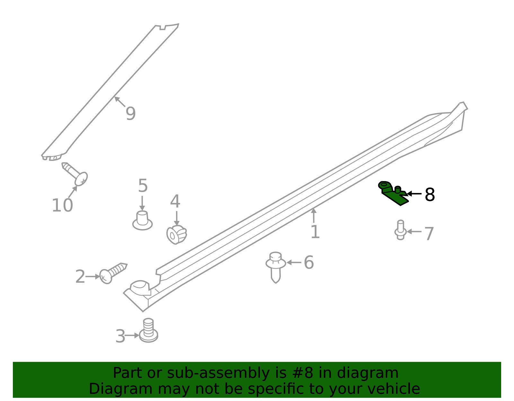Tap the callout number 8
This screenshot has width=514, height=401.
(430, 195)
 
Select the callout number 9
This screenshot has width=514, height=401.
(130, 114)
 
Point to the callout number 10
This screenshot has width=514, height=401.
(62, 205)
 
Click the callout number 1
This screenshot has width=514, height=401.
(315, 232)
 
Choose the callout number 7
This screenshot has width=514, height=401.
(429, 234)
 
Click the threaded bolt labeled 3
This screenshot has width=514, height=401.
(148, 330)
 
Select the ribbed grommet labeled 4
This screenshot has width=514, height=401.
(176, 234)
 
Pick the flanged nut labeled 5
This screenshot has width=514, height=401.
(142, 221)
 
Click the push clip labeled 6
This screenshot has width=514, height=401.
(276, 267)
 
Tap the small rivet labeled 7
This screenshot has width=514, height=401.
(400, 230)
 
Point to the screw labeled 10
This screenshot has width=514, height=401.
(75, 174)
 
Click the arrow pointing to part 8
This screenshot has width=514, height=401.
(414, 194)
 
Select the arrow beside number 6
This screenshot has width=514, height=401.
(294, 262)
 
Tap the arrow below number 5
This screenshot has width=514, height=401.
(142, 203)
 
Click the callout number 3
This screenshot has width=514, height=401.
(120, 336)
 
